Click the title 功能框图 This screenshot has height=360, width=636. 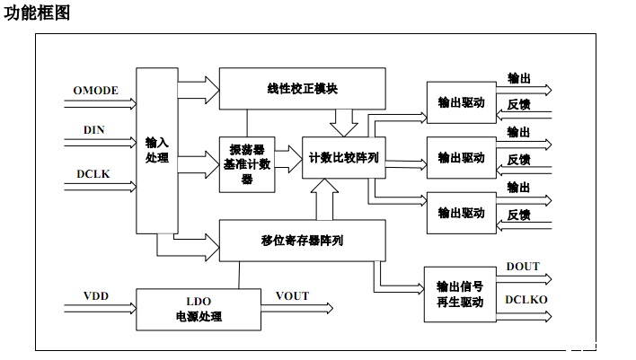point(37,13)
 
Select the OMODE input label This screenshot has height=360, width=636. point(95,91)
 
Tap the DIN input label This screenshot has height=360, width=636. point(94,130)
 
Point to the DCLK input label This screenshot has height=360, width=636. point(93,173)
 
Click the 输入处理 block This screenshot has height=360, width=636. point(157,150)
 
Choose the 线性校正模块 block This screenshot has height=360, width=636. point(302,89)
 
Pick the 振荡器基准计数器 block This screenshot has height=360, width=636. point(246,164)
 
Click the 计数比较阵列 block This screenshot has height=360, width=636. point(343,157)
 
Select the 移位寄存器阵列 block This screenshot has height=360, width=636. point(302,241)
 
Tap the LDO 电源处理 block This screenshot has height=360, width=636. point(198,309)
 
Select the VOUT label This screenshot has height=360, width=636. point(292,296)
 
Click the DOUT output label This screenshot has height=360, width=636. point(523,267)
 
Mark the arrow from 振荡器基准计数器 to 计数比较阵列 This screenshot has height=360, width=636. point(288,158)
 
